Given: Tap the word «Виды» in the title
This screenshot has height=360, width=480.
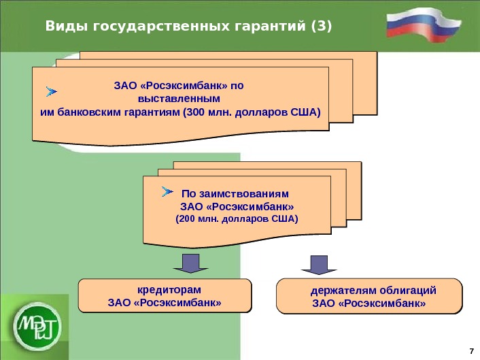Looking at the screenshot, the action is pos(62,27).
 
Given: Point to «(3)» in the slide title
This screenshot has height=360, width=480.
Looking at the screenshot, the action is pos(321,27).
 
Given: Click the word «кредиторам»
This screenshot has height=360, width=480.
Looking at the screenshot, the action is pos(166,288).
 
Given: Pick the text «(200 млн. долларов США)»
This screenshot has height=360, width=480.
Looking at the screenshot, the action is pos(237,219).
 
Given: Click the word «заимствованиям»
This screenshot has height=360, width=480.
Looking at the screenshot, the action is pos(257,193).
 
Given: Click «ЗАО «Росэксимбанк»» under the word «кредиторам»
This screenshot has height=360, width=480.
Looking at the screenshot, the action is pos(165,301).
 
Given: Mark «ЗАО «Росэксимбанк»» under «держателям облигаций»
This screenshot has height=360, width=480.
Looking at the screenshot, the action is pos(368,304).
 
